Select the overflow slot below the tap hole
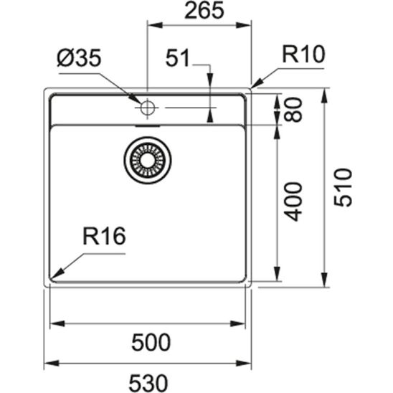click(x=148, y=123)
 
